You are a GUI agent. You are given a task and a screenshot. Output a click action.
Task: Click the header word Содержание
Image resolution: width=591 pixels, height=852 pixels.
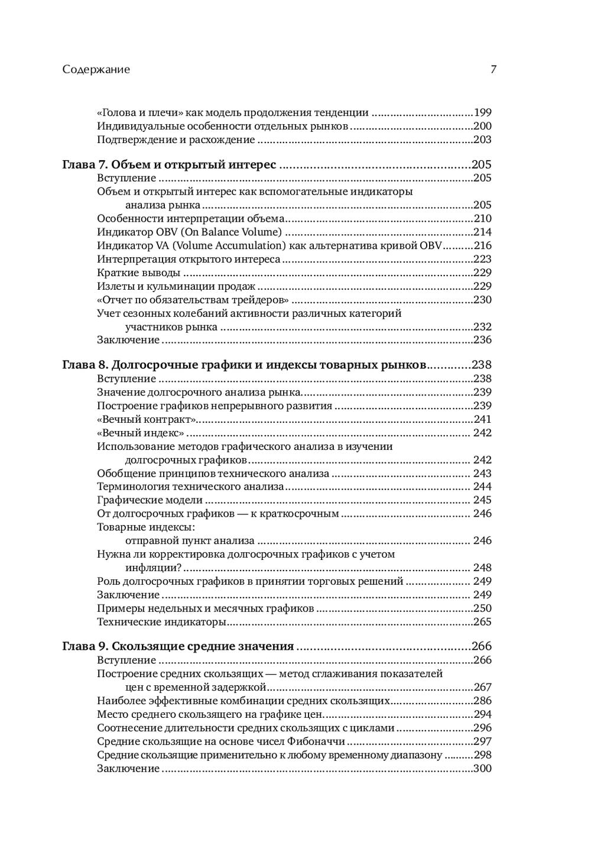tap(96, 69)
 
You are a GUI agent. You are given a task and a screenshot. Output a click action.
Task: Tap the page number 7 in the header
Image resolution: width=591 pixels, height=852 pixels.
tap(493, 69)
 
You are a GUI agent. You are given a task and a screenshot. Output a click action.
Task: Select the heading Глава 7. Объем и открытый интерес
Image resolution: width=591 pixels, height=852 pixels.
tap(169, 164)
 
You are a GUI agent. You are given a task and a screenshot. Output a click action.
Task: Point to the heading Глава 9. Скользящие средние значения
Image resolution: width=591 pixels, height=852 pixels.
tap(178, 646)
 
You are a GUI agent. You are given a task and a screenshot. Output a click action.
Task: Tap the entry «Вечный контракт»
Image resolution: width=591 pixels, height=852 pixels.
tap(146, 419)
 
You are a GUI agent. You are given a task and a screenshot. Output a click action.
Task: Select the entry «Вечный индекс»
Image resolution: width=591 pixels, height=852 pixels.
tap(141, 433)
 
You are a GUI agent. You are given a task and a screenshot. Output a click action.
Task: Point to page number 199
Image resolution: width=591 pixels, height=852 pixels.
tap(483, 112)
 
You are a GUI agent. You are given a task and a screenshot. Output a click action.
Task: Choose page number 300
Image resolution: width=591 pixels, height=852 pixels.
tap(483, 769)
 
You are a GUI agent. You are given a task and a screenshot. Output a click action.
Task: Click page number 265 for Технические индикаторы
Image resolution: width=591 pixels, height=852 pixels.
tap(483, 622)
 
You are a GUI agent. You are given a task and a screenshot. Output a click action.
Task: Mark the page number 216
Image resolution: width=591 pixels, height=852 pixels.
tap(483, 245)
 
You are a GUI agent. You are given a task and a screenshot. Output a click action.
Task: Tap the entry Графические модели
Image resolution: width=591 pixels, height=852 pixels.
tap(142, 500)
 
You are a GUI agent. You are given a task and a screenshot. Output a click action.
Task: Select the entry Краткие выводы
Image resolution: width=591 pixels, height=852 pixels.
tap(138, 273)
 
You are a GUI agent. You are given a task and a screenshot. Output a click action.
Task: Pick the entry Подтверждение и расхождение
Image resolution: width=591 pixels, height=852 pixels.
tap(176, 140)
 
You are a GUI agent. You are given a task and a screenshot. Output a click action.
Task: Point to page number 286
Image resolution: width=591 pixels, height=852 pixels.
tap(483, 701)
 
